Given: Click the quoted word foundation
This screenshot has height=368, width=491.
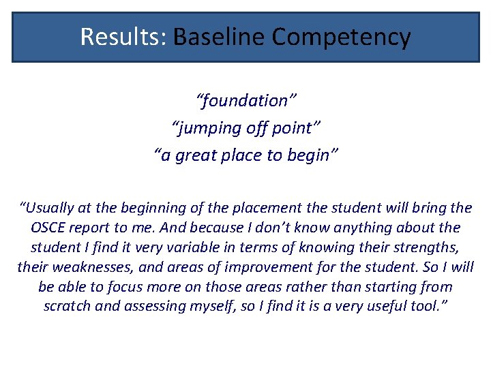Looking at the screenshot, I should click(246, 101).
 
